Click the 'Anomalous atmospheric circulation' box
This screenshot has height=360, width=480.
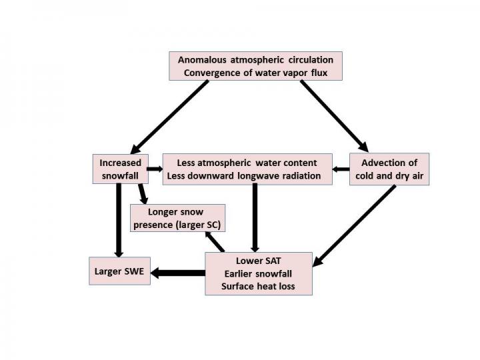point(255,66)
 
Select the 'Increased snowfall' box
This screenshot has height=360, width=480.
point(119,169)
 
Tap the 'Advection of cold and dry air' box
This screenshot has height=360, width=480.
point(389,169)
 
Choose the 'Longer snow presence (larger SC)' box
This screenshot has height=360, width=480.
point(177,218)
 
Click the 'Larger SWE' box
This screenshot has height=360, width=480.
point(119,272)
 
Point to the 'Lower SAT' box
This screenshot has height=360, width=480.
point(258,273)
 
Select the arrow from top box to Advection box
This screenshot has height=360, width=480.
point(333,115)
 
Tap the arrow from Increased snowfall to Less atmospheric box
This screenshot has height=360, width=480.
point(154,169)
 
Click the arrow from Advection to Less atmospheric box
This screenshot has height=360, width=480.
point(341,169)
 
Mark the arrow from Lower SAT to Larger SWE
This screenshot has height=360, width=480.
point(178,273)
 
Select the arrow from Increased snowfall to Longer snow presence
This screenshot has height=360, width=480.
point(143,193)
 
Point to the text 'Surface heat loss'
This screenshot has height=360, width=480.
point(258,287)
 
